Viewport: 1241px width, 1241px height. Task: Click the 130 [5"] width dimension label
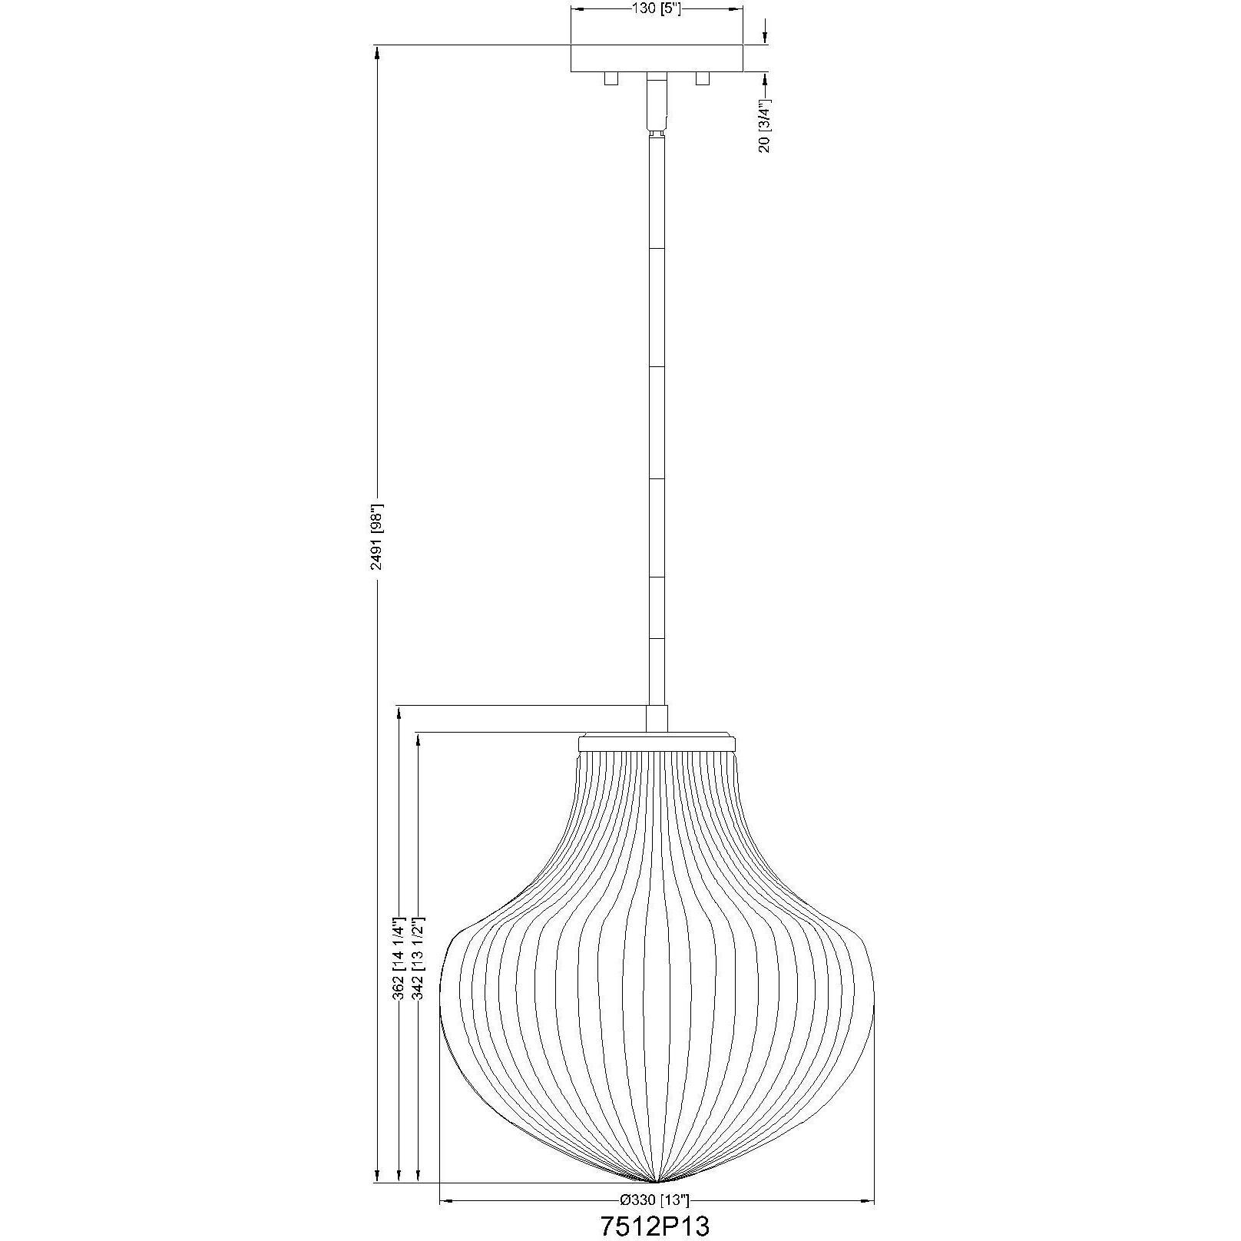(x=657, y=9)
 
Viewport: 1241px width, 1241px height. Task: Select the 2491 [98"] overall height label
(x=376, y=537)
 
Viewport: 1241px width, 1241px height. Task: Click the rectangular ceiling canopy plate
(x=657, y=58)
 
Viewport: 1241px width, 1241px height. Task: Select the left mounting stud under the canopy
(x=611, y=78)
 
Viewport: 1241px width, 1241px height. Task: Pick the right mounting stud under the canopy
(x=702, y=78)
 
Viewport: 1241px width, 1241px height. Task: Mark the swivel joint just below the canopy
(x=657, y=104)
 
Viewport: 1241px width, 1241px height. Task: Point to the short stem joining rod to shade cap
(x=657, y=718)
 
